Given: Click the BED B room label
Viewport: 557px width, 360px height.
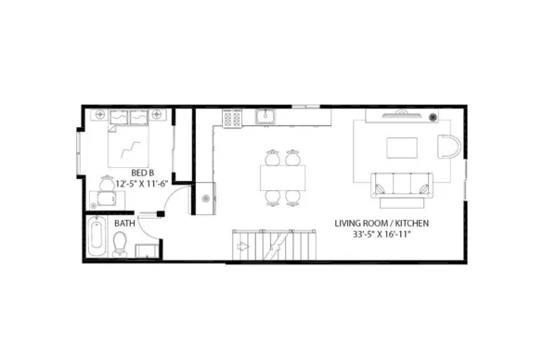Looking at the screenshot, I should (142, 172).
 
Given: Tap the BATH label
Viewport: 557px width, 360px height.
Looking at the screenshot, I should (123, 224).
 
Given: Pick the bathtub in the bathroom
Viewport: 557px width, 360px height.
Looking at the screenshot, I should (97, 238).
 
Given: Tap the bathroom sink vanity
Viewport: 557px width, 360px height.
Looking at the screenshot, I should (147, 251).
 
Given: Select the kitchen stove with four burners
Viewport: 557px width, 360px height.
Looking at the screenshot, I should (232, 118).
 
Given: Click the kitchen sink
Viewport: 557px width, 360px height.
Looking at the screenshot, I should (265, 117).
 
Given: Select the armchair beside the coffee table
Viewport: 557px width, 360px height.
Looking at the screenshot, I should (448, 148).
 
